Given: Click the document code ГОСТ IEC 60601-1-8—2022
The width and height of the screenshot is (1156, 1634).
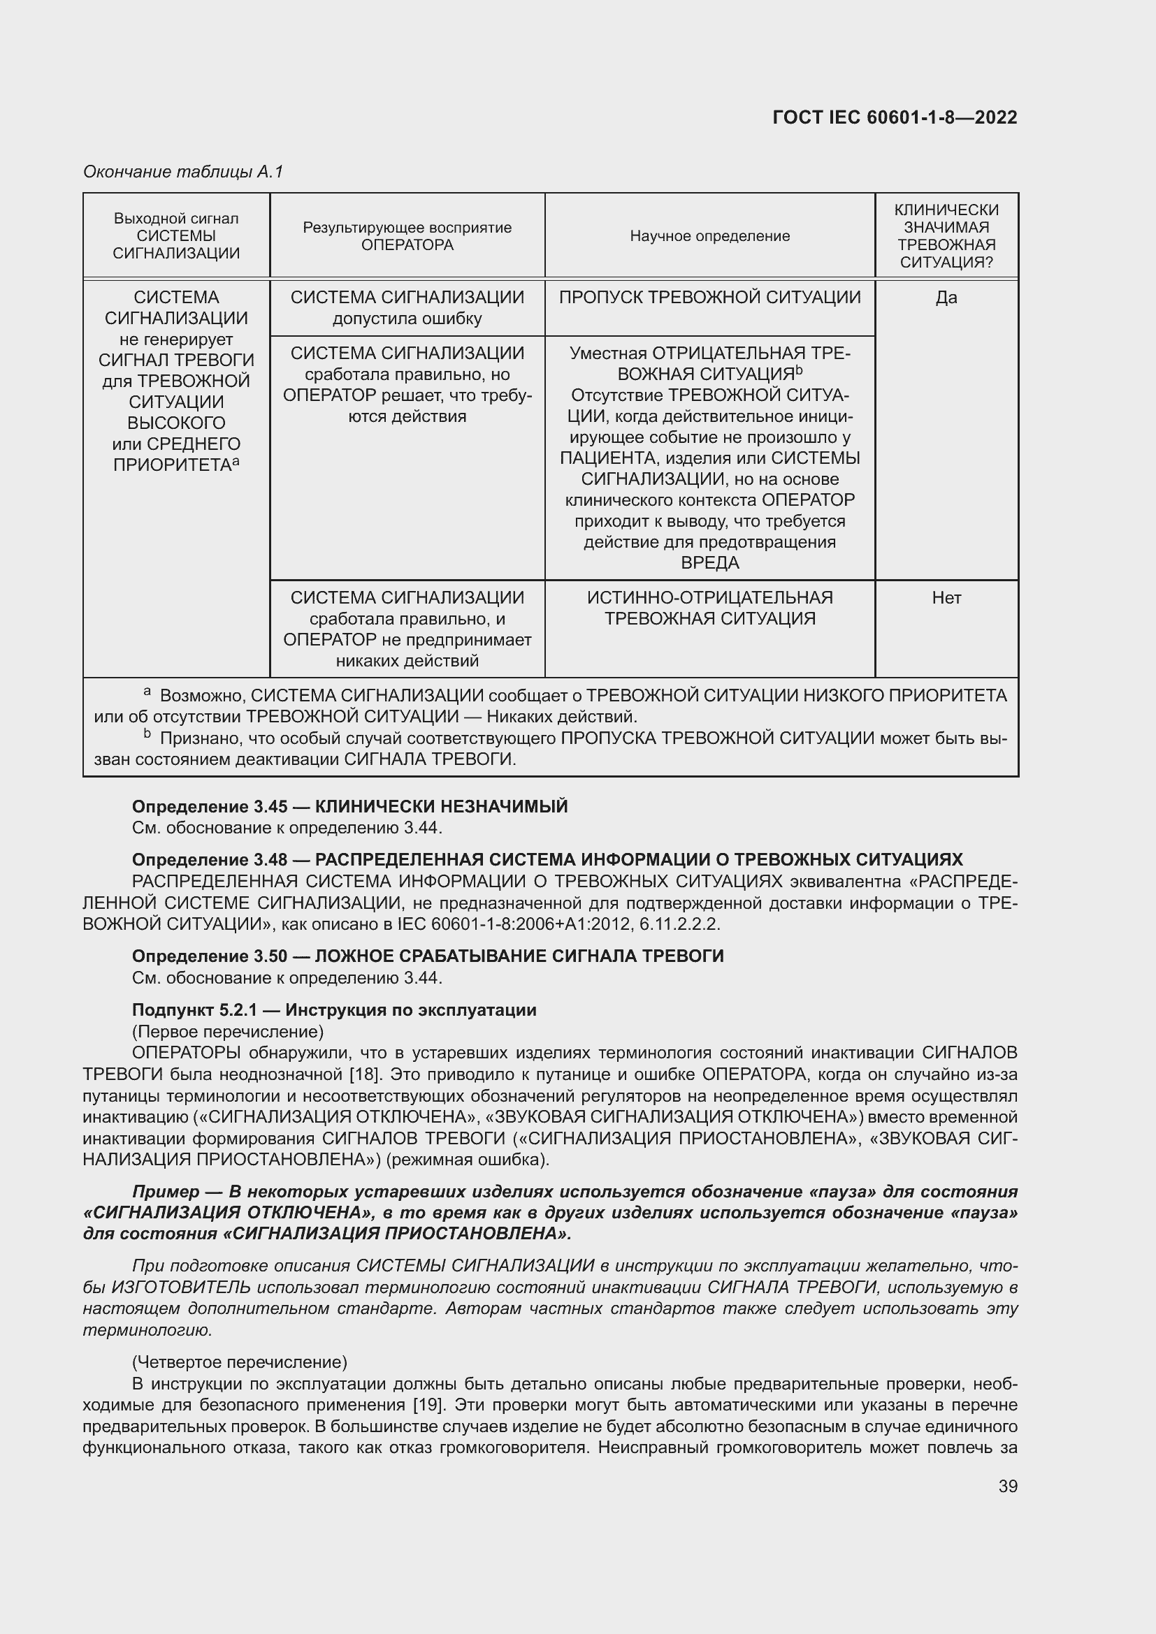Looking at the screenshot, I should pyautogui.click(x=894, y=117).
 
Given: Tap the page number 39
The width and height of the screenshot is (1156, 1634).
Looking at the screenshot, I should pyautogui.click(x=1007, y=1486).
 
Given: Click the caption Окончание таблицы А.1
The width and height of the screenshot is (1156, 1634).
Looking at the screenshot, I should pyautogui.click(x=183, y=172).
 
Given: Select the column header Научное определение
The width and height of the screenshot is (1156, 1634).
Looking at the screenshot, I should pyautogui.click(x=709, y=235).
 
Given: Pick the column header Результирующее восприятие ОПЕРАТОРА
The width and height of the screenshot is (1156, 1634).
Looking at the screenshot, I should pyautogui.click(x=407, y=235).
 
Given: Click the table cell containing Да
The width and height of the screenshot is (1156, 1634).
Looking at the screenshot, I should pyautogui.click(x=946, y=298).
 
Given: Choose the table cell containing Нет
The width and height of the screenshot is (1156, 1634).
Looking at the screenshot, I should pyautogui.click(x=946, y=598).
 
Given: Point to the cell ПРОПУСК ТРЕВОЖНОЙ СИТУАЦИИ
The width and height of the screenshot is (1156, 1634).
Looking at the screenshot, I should pyautogui.click(x=709, y=298).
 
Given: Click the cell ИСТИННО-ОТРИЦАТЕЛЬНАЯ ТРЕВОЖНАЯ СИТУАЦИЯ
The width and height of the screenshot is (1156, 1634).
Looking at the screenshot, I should pyautogui.click(x=709, y=608).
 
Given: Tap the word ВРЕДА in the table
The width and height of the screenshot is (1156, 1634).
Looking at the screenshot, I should pyautogui.click(x=709, y=563).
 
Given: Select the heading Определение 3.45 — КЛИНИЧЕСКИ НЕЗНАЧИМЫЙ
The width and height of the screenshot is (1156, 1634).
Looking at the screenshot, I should pyautogui.click(x=349, y=806).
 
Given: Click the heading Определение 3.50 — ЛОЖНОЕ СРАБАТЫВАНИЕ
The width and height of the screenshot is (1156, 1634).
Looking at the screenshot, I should pyautogui.click(x=428, y=956).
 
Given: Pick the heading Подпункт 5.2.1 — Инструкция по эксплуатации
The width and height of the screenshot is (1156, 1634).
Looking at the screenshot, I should pyautogui.click(x=334, y=1010).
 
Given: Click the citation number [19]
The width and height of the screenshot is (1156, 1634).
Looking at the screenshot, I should pyautogui.click(x=429, y=1405).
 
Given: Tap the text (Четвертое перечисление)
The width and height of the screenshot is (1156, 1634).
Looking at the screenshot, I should pyautogui.click(x=239, y=1362).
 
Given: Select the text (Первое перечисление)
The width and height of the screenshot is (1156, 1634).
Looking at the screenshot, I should pyautogui.click(x=228, y=1031).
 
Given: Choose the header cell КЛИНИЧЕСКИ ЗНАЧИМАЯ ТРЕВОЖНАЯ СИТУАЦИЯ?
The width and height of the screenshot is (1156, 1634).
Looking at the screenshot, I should pyautogui.click(x=946, y=235).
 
